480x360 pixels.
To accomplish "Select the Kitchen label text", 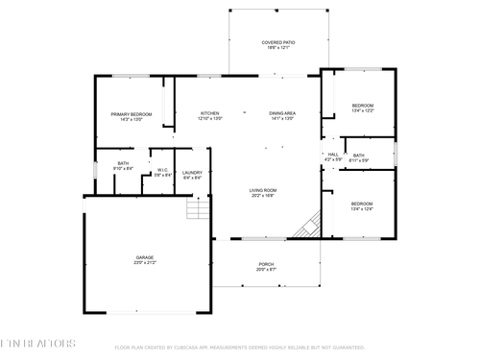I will point(210,113).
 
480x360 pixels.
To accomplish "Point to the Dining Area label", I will point(281,113).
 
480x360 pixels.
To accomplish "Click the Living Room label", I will point(263,190).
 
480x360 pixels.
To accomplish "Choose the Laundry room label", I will point(191,172).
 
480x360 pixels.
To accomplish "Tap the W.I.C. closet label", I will point(162,170).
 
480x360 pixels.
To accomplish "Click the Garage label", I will point(145,257).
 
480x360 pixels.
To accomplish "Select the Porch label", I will point(266,264).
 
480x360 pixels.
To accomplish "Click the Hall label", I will point(333,154).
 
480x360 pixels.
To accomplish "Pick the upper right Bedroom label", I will point(362,106).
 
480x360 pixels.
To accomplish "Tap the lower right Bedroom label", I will point(362,204).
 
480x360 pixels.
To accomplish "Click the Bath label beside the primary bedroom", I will point(123,163).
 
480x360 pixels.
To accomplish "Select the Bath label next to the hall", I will point(358,156).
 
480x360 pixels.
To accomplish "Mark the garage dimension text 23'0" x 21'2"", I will point(145,262).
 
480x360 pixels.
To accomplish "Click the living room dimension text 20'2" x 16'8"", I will point(263,195).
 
